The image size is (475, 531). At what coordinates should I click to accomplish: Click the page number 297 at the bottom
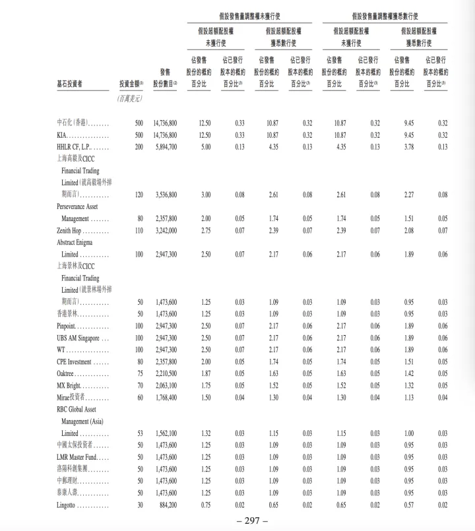pyautogui.click(x=237, y=520)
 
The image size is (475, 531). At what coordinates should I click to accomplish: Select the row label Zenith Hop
pyautogui.click(x=73, y=230)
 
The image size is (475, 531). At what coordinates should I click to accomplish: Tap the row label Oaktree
pyautogui.click(x=69, y=373)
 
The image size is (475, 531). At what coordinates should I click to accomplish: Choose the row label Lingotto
pyautogui.click(x=71, y=505)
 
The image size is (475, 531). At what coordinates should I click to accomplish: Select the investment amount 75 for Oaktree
pyautogui.click(x=139, y=373)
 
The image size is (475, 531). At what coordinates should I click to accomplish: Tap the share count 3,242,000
pyautogui.click(x=165, y=230)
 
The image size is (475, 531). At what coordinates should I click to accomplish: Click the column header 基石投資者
pyautogui.click(x=73, y=84)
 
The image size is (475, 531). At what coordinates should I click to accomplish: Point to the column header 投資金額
pyautogui.click(x=130, y=84)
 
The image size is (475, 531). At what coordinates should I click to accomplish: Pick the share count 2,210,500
pyautogui.click(x=165, y=373)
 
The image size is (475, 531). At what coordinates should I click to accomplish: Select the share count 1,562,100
pyautogui.click(x=165, y=433)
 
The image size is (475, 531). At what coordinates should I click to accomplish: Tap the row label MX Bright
pyautogui.click(x=73, y=385)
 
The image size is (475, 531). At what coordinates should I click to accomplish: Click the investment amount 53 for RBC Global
pyautogui.click(x=139, y=433)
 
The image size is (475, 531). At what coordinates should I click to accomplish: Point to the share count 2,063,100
pyautogui.click(x=165, y=385)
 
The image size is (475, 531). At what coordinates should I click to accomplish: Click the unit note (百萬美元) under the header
pyautogui.click(x=129, y=98)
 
